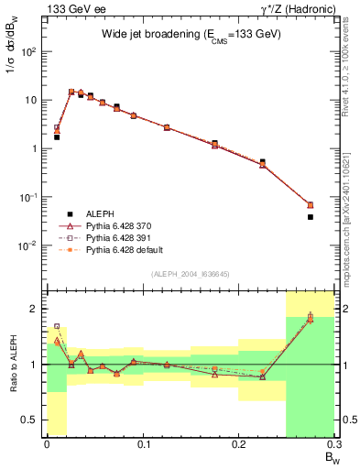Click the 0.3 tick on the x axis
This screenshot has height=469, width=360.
point(333,444)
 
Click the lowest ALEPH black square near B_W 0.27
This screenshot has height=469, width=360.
point(311,217)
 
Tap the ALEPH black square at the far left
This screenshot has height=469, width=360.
point(57,136)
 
